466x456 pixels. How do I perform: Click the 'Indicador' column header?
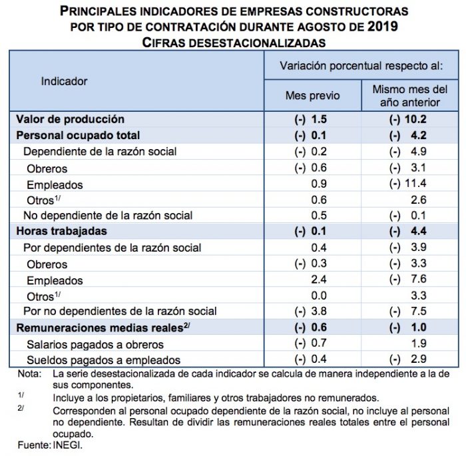pyautogui.click(x=64, y=81)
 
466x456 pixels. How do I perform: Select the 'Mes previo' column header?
pyautogui.click(x=312, y=96)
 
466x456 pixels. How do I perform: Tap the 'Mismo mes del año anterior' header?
pyautogui.click(x=409, y=96)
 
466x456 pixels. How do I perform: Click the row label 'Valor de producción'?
pyautogui.click(x=70, y=119)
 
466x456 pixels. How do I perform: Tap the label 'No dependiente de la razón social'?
pyautogui.click(x=108, y=215)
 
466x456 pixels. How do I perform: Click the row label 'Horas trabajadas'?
pyautogui.click(x=62, y=231)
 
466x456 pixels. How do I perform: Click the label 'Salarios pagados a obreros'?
pyautogui.click(x=95, y=344)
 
